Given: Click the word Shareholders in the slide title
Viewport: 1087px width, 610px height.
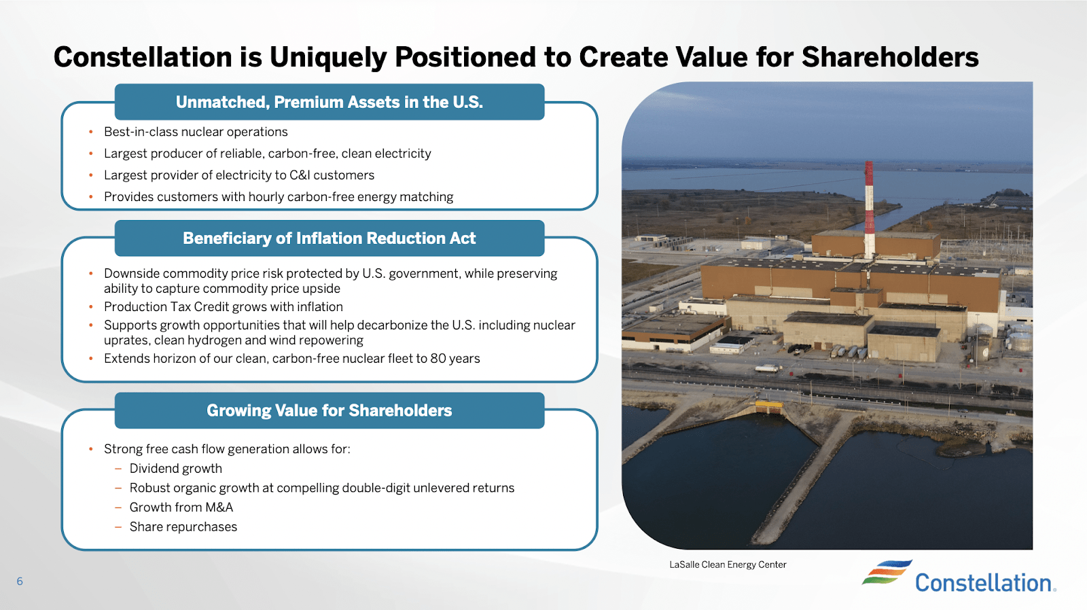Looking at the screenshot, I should pos(890,58).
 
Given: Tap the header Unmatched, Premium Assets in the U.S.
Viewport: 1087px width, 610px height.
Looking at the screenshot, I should pos(329,102).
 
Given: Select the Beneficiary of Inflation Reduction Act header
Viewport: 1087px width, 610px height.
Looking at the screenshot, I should pos(329,238).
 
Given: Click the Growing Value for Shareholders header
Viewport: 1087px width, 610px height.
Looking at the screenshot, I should pos(329,410).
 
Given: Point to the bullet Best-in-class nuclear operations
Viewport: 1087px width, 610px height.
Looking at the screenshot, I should pos(196,132).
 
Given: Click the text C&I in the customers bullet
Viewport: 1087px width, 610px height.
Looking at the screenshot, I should pos(300,175).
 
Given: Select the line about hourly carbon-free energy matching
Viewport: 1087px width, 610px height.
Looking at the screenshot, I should pos(279,197).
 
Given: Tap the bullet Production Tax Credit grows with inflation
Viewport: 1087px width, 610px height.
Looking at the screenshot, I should pos(224,307).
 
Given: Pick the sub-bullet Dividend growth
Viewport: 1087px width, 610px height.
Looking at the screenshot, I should pos(176,469).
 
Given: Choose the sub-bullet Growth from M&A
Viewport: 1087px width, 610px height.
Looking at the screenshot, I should pos(181,507).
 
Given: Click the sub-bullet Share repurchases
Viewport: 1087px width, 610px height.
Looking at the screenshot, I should pos(183,527).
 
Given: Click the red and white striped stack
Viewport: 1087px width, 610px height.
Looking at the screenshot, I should pos(869,204).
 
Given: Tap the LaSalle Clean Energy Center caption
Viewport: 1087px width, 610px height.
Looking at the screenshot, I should pos(728,564).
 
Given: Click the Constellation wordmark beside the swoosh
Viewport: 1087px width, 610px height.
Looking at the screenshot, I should pos(984,583).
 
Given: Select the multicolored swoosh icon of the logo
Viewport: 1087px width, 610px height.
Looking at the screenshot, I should pos(887,572).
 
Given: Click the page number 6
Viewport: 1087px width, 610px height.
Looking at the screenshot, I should pos(20,581).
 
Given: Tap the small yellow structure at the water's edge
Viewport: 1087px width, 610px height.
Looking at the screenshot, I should pos(769,407).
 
